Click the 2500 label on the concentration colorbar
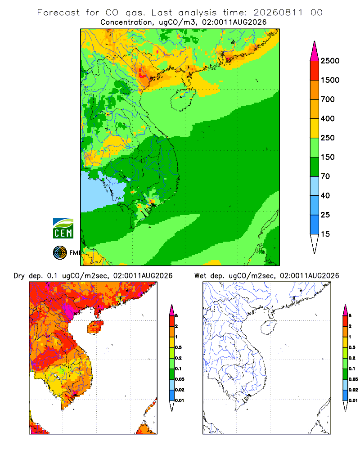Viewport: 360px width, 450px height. tap(330, 61)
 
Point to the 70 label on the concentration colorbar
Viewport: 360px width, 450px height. tap(325, 176)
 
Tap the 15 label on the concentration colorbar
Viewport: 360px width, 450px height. tap(325, 234)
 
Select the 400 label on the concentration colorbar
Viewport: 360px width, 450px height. tap(328, 118)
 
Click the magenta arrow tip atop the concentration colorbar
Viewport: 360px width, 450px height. tap(315, 51)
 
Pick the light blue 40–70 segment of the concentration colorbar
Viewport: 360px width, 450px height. tap(315, 186)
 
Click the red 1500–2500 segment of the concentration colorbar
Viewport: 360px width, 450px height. tap(315, 71)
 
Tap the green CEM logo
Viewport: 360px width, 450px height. tap(63, 229)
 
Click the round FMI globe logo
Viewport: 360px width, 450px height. tap(60, 253)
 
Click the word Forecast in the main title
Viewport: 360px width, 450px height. tap(58, 13)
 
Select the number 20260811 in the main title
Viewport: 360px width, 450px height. tap(278, 13)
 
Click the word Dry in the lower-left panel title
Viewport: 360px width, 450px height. tap(19, 276)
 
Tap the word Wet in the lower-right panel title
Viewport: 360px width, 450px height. tap(200, 276)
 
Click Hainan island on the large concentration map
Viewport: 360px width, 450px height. tap(183, 99)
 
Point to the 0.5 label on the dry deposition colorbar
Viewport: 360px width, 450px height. tap(178, 347)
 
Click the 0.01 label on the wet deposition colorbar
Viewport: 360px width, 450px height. tap(353, 400)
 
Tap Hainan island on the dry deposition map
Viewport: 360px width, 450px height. tap(95, 327)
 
